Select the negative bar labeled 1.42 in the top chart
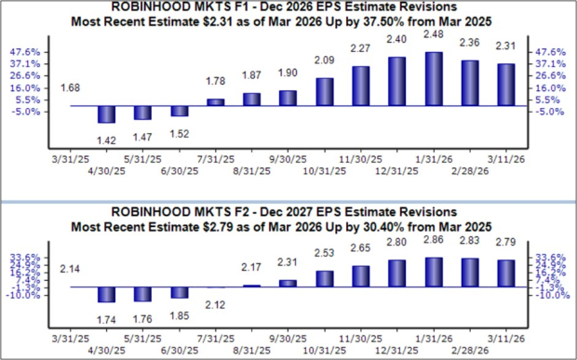[x=106, y=113]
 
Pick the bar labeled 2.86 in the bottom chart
[x=434, y=272]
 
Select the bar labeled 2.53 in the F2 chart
[x=325, y=278]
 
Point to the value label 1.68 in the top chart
[x=70, y=88]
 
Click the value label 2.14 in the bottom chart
[x=70, y=268]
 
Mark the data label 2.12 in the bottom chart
[x=216, y=304]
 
